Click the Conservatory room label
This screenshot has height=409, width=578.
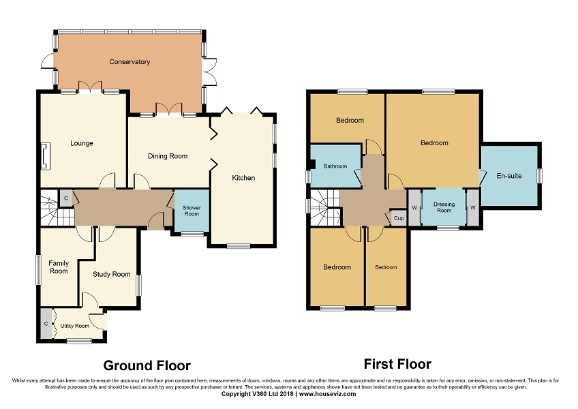coord(130,62)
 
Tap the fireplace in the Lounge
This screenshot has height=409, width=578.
coord(45,156)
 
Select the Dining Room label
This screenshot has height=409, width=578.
coord(168,156)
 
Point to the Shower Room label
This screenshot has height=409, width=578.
coord(192,211)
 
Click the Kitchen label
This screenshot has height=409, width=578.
coord(243,178)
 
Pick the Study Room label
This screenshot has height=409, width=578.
coord(111,274)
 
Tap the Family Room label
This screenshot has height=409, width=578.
coord(59,267)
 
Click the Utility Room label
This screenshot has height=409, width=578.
coord(75,326)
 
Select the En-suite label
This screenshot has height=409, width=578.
coord(509,176)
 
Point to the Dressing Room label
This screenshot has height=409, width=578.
coord(444,207)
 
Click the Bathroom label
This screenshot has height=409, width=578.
coord(335,166)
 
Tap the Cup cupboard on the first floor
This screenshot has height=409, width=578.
coord(399,218)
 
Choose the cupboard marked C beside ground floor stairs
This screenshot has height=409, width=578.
coord(66,198)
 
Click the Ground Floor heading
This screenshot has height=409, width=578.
coord(147,365)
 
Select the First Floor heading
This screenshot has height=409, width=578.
coord(397,364)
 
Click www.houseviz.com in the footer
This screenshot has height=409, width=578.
coord(328,394)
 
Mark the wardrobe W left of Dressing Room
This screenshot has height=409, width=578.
coord(414,208)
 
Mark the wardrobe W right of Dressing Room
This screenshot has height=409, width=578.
coord(473,208)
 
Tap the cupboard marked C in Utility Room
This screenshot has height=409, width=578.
coord(46,323)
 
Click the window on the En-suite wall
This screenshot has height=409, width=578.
coord(540,176)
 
